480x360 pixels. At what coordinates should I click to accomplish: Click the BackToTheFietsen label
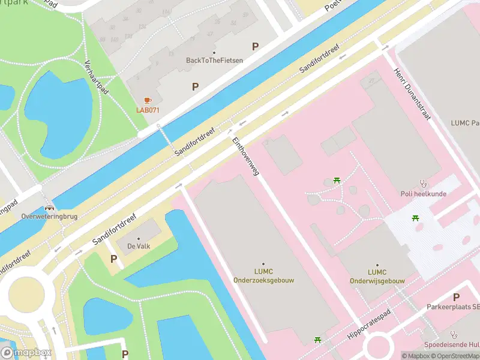[214, 60]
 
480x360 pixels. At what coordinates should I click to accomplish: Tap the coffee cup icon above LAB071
[148, 100]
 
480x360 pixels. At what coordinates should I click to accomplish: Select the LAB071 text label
[148, 110]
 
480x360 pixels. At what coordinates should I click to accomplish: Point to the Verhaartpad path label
[96, 79]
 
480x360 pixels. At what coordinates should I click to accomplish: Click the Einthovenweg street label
[245, 155]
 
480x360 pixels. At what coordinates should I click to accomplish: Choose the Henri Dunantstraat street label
[412, 95]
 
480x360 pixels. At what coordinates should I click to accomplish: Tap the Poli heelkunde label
[423, 193]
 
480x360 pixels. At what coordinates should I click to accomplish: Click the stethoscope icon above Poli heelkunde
[423, 183]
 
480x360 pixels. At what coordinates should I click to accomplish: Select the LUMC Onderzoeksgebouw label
[263, 275]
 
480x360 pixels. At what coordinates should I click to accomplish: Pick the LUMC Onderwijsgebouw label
[377, 275]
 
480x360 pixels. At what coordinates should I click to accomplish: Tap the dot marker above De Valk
[137, 236]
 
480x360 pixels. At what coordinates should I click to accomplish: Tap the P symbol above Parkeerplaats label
[456, 297]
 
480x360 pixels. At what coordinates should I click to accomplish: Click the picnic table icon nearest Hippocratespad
[317, 341]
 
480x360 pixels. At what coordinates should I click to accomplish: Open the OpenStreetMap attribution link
[454, 356]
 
